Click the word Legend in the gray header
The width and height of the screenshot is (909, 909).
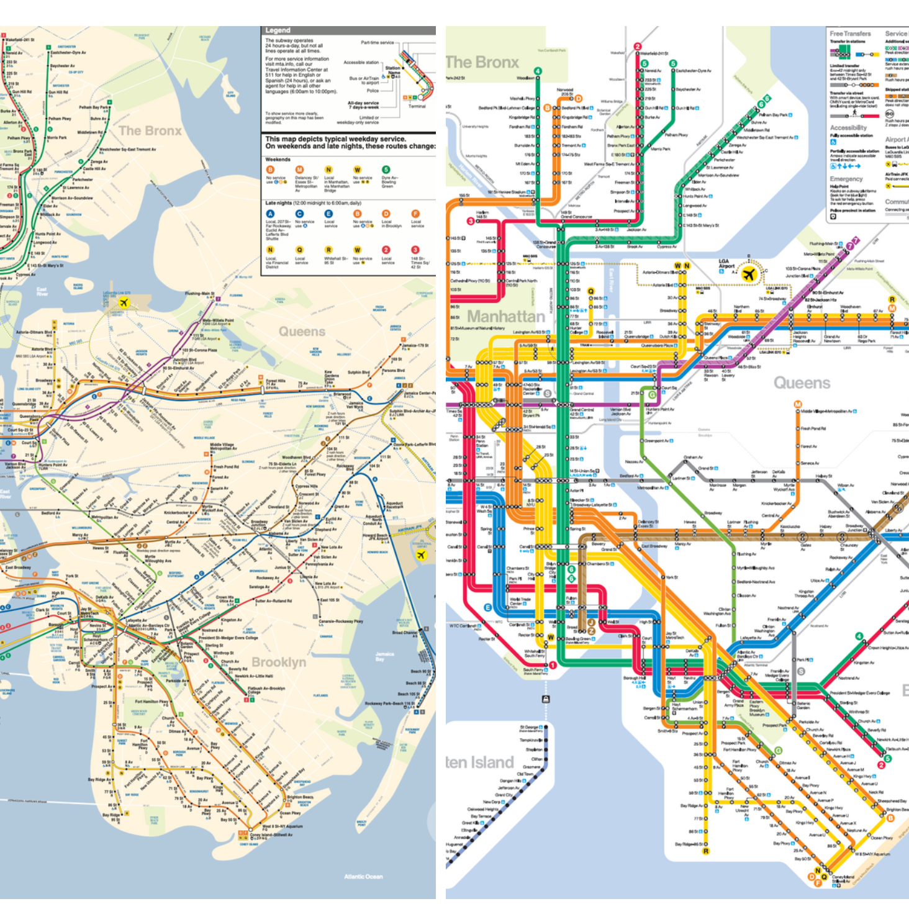pyautogui.click(x=278, y=30)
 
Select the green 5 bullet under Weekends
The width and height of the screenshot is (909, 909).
pyautogui.click(x=386, y=170)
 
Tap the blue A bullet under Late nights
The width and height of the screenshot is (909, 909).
pyautogui.click(x=270, y=214)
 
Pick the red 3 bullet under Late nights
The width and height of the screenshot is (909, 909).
pyautogui.click(x=415, y=250)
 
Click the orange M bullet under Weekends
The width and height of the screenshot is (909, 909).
pyautogui.click(x=299, y=170)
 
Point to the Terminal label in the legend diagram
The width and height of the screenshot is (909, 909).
pyautogui.click(x=417, y=106)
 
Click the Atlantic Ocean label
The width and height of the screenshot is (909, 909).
pyautogui.click(x=363, y=876)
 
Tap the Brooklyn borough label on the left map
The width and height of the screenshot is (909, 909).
pyautogui.click(x=279, y=662)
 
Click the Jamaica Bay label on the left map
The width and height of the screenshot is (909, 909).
pyautogui.click(x=384, y=656)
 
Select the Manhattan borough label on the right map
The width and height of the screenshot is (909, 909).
pyautogui.click(x=506, y=316)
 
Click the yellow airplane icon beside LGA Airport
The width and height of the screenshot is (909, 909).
pyautogui.click(x=749, y=274)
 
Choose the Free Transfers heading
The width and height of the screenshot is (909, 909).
pyautogui.click(x=850, y=34)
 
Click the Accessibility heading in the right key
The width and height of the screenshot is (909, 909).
pyautogui.click(x=848, y=127)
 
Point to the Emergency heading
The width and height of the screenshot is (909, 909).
pyautogui.click(x=846, y=179)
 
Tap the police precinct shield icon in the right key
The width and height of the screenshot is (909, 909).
pyautogui.click(x=833, y=217)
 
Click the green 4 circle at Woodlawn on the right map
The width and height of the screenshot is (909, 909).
pyautogui.click(x=537, y=71)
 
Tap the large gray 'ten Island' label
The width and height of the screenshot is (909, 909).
pyautogui.click(x=479, y=762)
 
